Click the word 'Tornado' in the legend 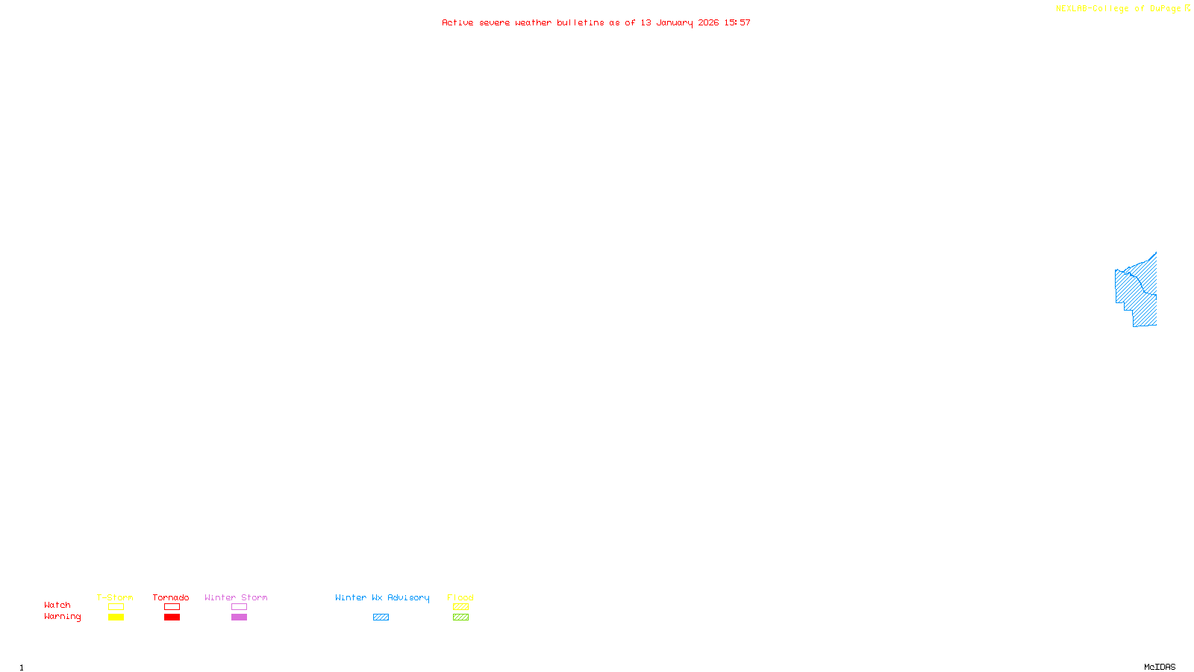[x=171, y=597]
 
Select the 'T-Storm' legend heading [x=115, y=597]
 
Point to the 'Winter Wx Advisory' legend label [x=382, y=597]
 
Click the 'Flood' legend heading [x=460, y=597]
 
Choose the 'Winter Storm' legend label [x=236, y=597]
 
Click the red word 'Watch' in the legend [x=57, y=605]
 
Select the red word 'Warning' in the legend [x=63, y=617]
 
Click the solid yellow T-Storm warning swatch [x=116, y=617]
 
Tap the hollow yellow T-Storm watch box [x=116, y=607]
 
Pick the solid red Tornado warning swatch [x=172, y=617]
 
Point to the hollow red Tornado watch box [x=172, y=607]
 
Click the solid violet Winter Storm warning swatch [x=239, y=617]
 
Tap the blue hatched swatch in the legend [x=381, y=617]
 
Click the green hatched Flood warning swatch [x=460, y=617]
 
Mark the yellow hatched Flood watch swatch [x=460, y=607]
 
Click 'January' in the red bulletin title [x=675, y=22]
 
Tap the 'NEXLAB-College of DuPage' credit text [x=1118, y=8]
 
